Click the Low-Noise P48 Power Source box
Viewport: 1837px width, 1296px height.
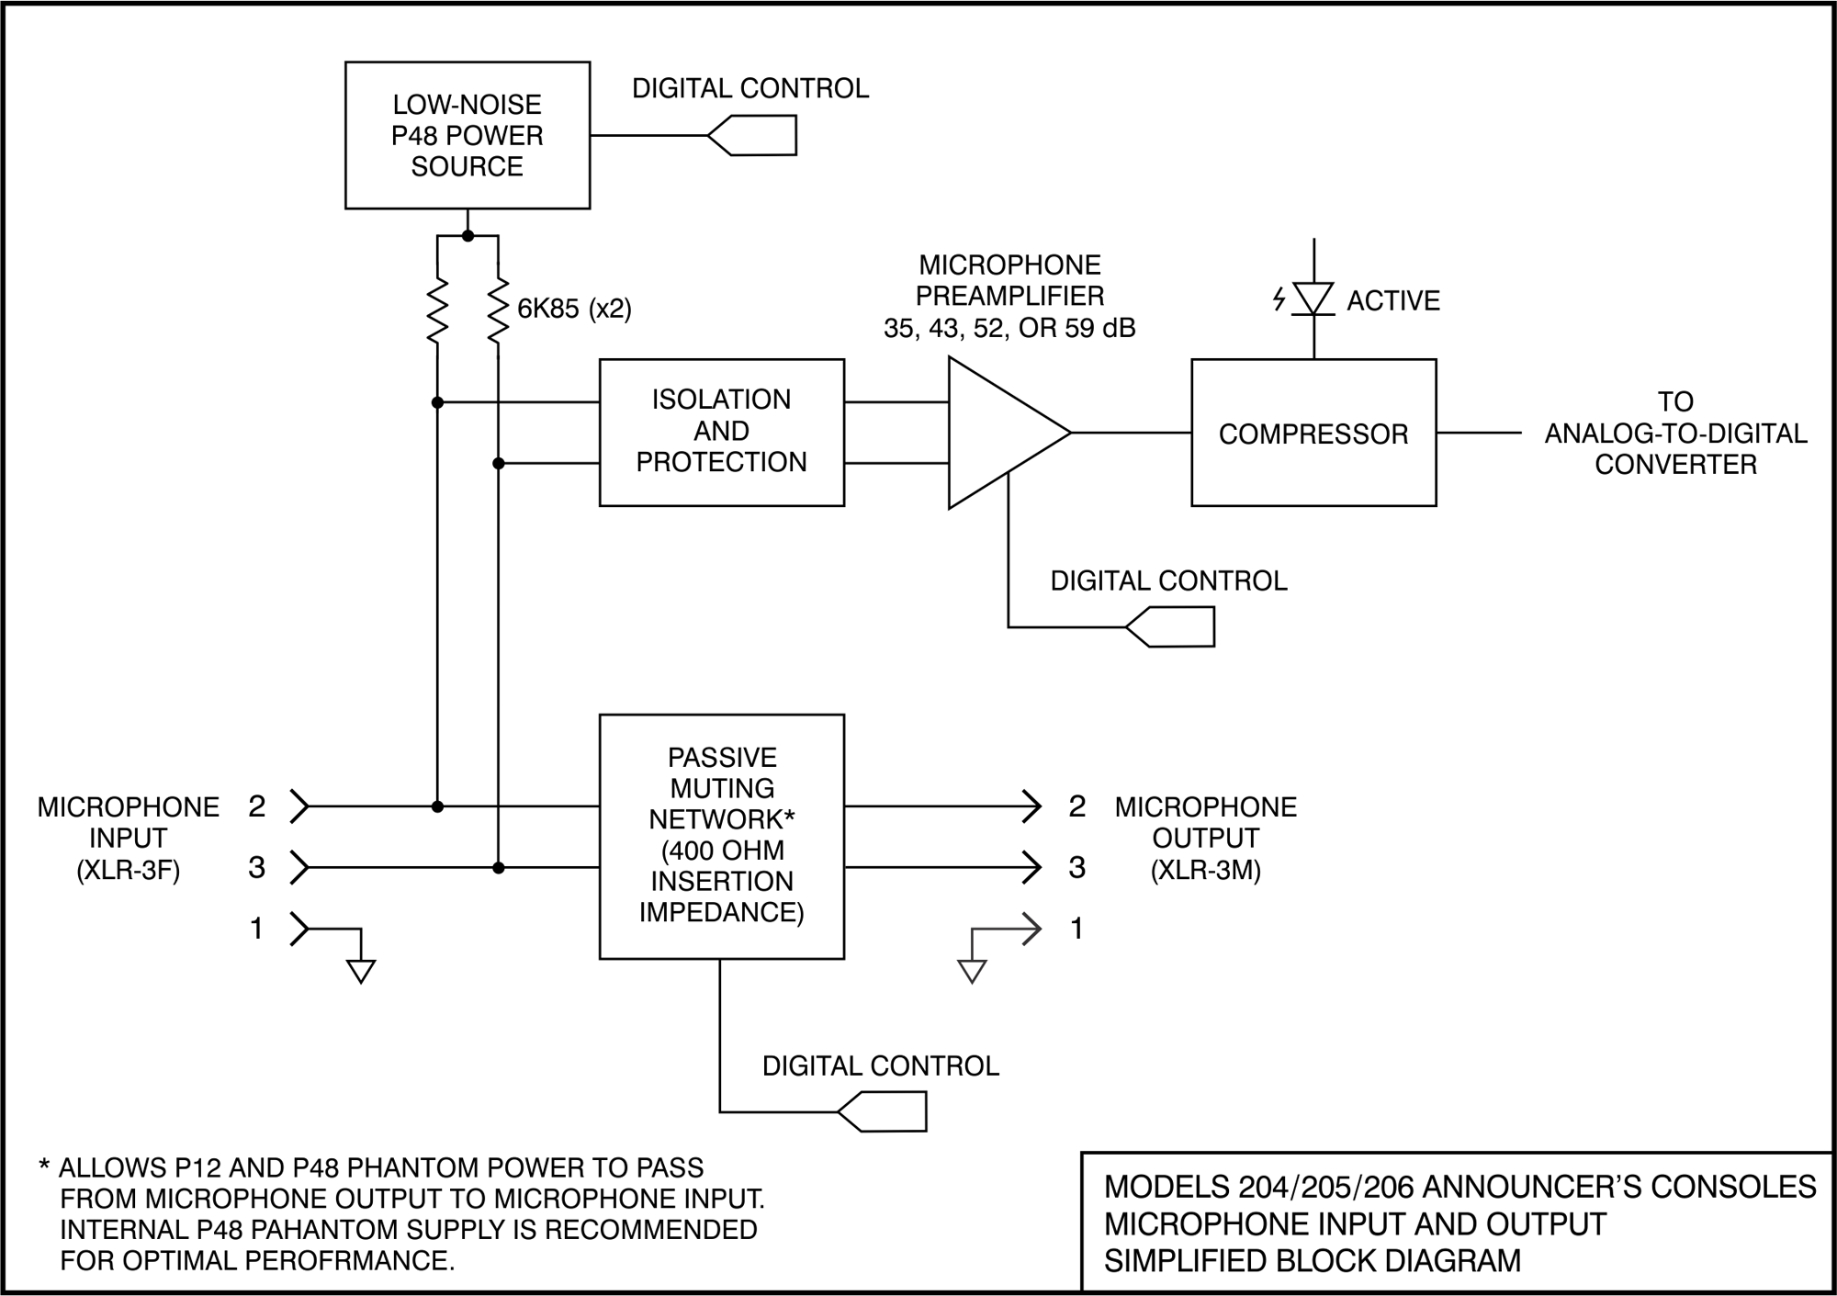pyautogui.click(x=467, y=135)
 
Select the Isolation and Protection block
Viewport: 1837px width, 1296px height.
pyautogui.click(x=721, y=432)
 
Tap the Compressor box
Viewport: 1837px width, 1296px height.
pyautogui.click(x=1313, y=433)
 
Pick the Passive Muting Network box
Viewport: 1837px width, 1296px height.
pyautogui.click(x=721, y=836)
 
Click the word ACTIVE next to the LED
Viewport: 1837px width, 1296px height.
pyautogui.click(x=1392, y=301)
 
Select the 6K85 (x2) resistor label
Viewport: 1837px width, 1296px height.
pyautogui.click(x=574, y=309)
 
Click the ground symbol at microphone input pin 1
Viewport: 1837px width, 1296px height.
pyautogui.click(x=361, y=971)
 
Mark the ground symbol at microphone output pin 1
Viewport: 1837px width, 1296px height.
pyautogui.click(x=972, y=971)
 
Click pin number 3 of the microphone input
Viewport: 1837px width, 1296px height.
pyautogui.click(x=257, y=868)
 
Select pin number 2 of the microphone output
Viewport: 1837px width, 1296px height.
pyautogui.click(x=1077, y=806)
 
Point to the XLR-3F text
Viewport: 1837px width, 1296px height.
pyautogui.click(x=128, y=870)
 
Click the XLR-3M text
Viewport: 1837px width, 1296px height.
pyautogui.click(x=1205, y=870)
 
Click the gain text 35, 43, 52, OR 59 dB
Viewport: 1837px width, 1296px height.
pyautogui.click(x=1009, y=328)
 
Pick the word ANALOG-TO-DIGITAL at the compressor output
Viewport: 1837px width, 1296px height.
pyautogui.click(x=1674, y=434)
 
